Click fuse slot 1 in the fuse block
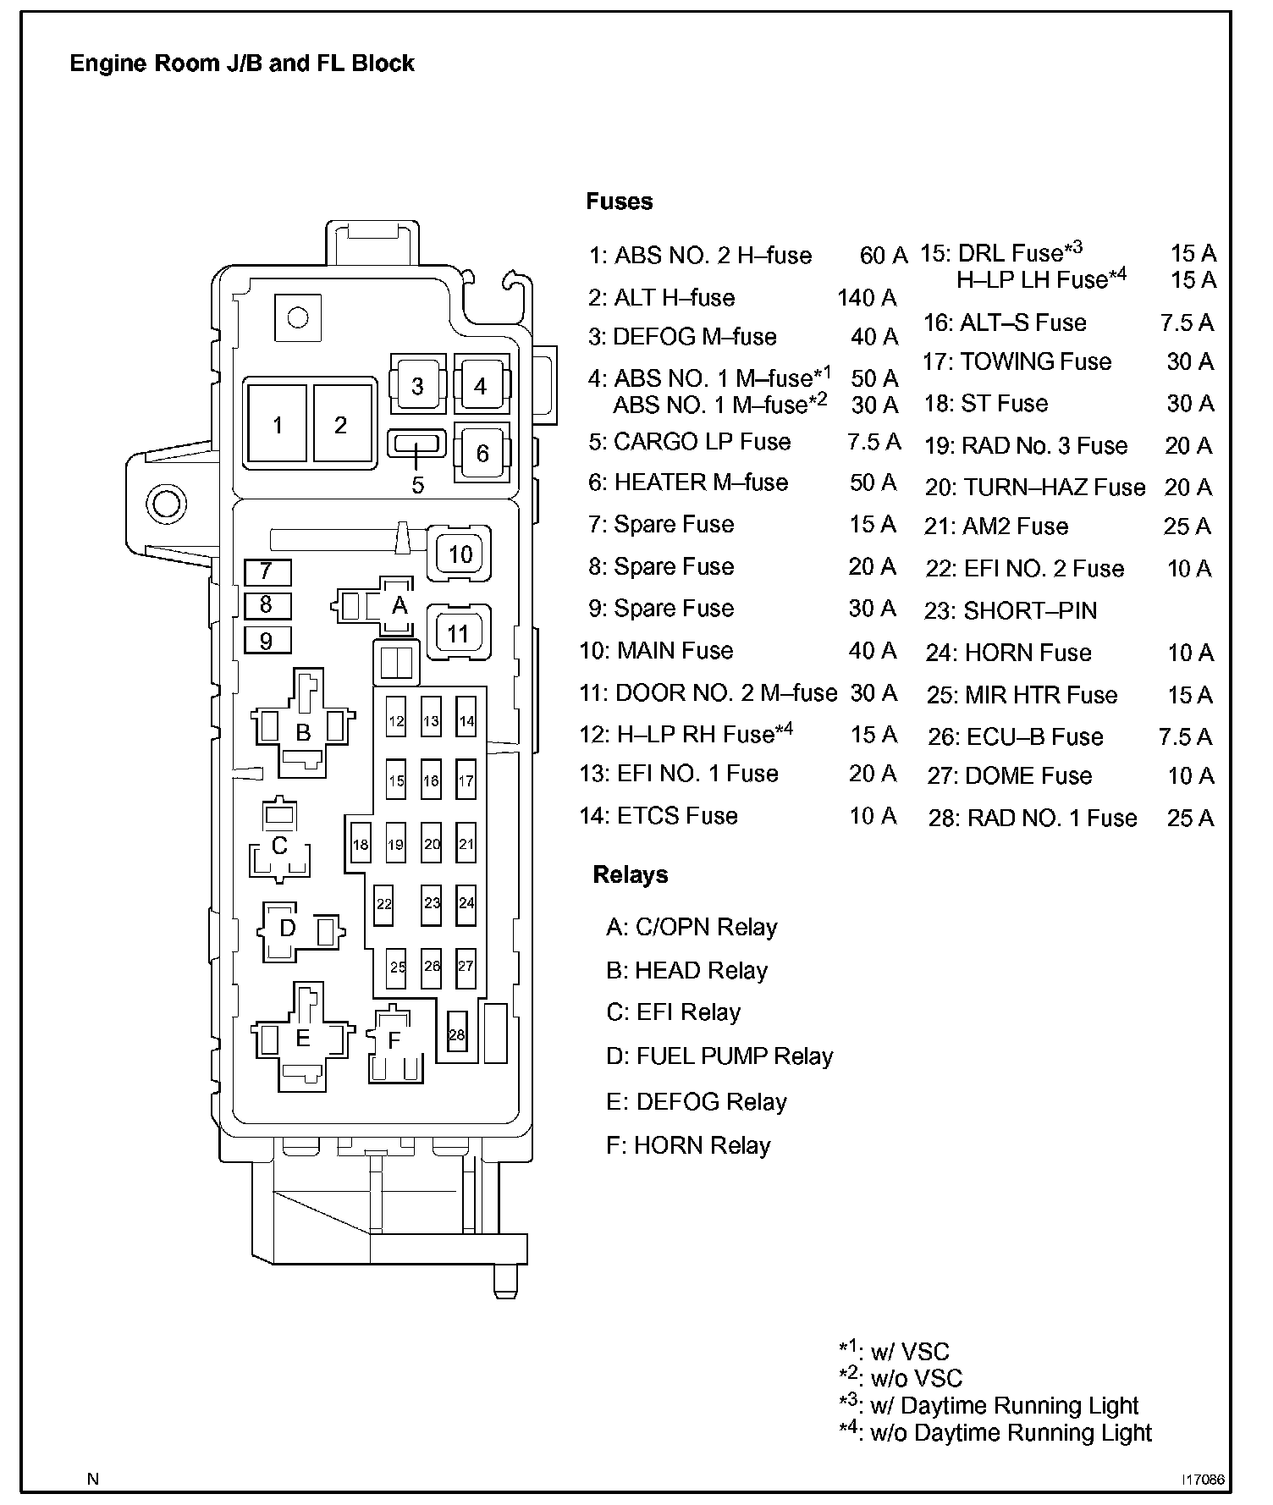277,424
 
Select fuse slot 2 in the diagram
341,424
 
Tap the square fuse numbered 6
482,453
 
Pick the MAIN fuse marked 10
460,554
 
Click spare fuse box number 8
267,605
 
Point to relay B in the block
303,731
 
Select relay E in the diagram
302,1038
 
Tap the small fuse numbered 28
457,1034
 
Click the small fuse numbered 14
466,721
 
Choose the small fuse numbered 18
361,844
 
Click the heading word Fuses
620,201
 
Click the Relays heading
631,874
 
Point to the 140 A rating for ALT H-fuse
867,297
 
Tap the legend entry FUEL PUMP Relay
734,1056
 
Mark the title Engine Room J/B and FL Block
242,63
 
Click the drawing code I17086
1204,1480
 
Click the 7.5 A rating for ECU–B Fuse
1185,736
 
